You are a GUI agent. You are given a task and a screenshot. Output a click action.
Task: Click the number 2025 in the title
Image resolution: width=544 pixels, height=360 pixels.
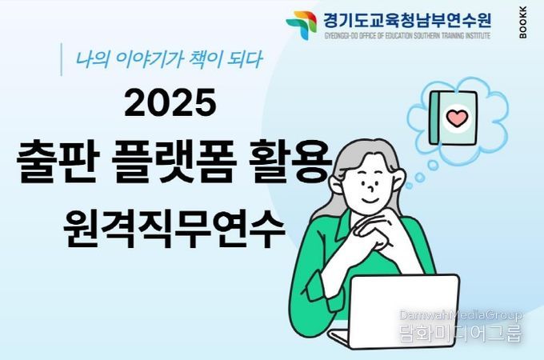170,102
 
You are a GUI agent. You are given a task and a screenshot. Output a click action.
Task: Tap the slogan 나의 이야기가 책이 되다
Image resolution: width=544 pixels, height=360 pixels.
169,59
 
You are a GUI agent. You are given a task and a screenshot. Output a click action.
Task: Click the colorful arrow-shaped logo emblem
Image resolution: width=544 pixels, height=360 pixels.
301,26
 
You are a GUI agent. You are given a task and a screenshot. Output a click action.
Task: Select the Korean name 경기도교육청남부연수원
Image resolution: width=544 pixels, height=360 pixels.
407,20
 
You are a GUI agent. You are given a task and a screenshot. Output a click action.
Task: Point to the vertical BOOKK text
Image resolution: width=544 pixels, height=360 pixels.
523,22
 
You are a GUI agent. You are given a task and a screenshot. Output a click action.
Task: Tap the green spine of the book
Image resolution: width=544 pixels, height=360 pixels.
434,118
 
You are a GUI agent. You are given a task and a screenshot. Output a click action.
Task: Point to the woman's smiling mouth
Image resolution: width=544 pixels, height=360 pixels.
370,201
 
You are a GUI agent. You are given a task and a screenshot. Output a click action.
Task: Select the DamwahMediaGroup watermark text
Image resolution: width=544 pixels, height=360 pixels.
461,315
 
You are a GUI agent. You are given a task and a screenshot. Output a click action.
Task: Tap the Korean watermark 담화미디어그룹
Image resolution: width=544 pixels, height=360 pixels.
461,333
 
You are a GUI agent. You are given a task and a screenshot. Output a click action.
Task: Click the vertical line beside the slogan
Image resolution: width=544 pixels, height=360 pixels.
62,59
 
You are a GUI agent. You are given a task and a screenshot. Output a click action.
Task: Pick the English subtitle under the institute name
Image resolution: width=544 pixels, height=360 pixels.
407,35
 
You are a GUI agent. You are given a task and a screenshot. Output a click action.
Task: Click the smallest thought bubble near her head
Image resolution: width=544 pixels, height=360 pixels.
409,186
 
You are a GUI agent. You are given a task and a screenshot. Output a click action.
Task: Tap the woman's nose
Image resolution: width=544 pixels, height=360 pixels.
371,188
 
